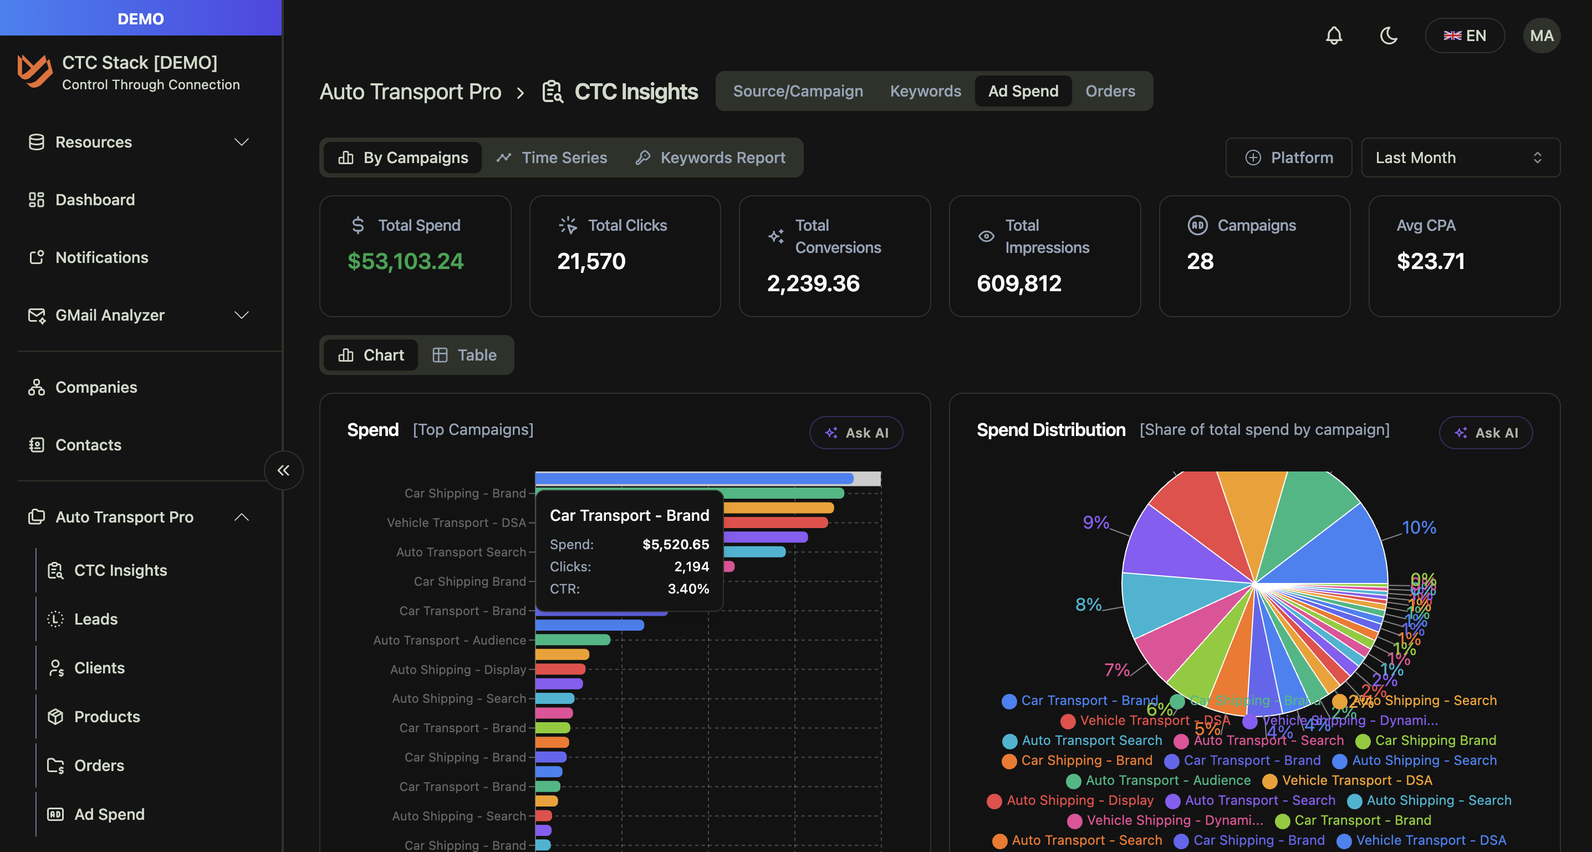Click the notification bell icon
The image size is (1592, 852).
(1334, 36)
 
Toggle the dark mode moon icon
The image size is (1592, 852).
(1389, 36)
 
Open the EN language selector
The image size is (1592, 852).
(1464, 36)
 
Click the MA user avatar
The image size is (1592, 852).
(1542, 36)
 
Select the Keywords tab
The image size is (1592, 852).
(925, 91)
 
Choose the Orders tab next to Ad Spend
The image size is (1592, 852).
(1110, 91)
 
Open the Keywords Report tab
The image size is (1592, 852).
(711, 158)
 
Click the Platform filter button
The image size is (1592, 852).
(1289, 158)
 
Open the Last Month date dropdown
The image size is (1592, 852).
(1460, 158)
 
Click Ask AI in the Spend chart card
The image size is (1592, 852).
(856, 433)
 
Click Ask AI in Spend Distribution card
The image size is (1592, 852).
(1486, 433)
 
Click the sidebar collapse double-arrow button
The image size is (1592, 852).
(284, 470)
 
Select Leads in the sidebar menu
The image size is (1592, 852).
(96, 619)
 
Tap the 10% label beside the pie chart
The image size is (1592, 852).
(1419, 528)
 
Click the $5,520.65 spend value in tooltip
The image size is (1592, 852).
(676, 545)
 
